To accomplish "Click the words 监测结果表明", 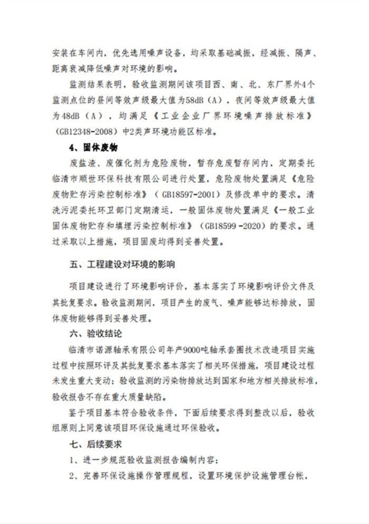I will pos(95,83).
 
